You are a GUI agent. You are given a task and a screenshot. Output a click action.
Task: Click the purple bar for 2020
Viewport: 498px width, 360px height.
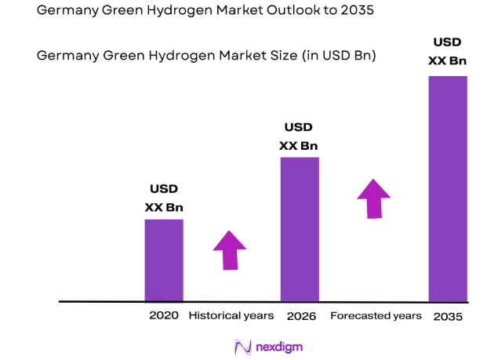164,260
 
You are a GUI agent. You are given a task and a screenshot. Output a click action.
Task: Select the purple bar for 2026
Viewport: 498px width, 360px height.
300,229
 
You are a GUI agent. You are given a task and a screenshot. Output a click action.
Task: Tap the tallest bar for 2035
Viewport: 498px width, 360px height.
448,188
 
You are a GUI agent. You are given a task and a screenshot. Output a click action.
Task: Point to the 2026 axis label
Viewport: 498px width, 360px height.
301,316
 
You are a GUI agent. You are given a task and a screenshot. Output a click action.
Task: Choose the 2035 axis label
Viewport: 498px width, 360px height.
447,316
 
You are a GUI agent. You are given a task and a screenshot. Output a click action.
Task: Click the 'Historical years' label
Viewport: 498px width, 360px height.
231,315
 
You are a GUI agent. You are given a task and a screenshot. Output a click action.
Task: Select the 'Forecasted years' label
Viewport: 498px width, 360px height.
376,315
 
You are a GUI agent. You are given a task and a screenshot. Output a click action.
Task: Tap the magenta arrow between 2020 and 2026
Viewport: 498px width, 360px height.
229,250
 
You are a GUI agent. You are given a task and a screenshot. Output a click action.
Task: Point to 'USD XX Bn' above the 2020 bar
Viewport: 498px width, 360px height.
164,198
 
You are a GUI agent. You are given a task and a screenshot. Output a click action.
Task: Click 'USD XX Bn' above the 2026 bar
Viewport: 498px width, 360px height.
298,136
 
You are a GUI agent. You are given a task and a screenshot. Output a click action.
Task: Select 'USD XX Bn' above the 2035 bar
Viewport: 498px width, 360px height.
447,51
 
